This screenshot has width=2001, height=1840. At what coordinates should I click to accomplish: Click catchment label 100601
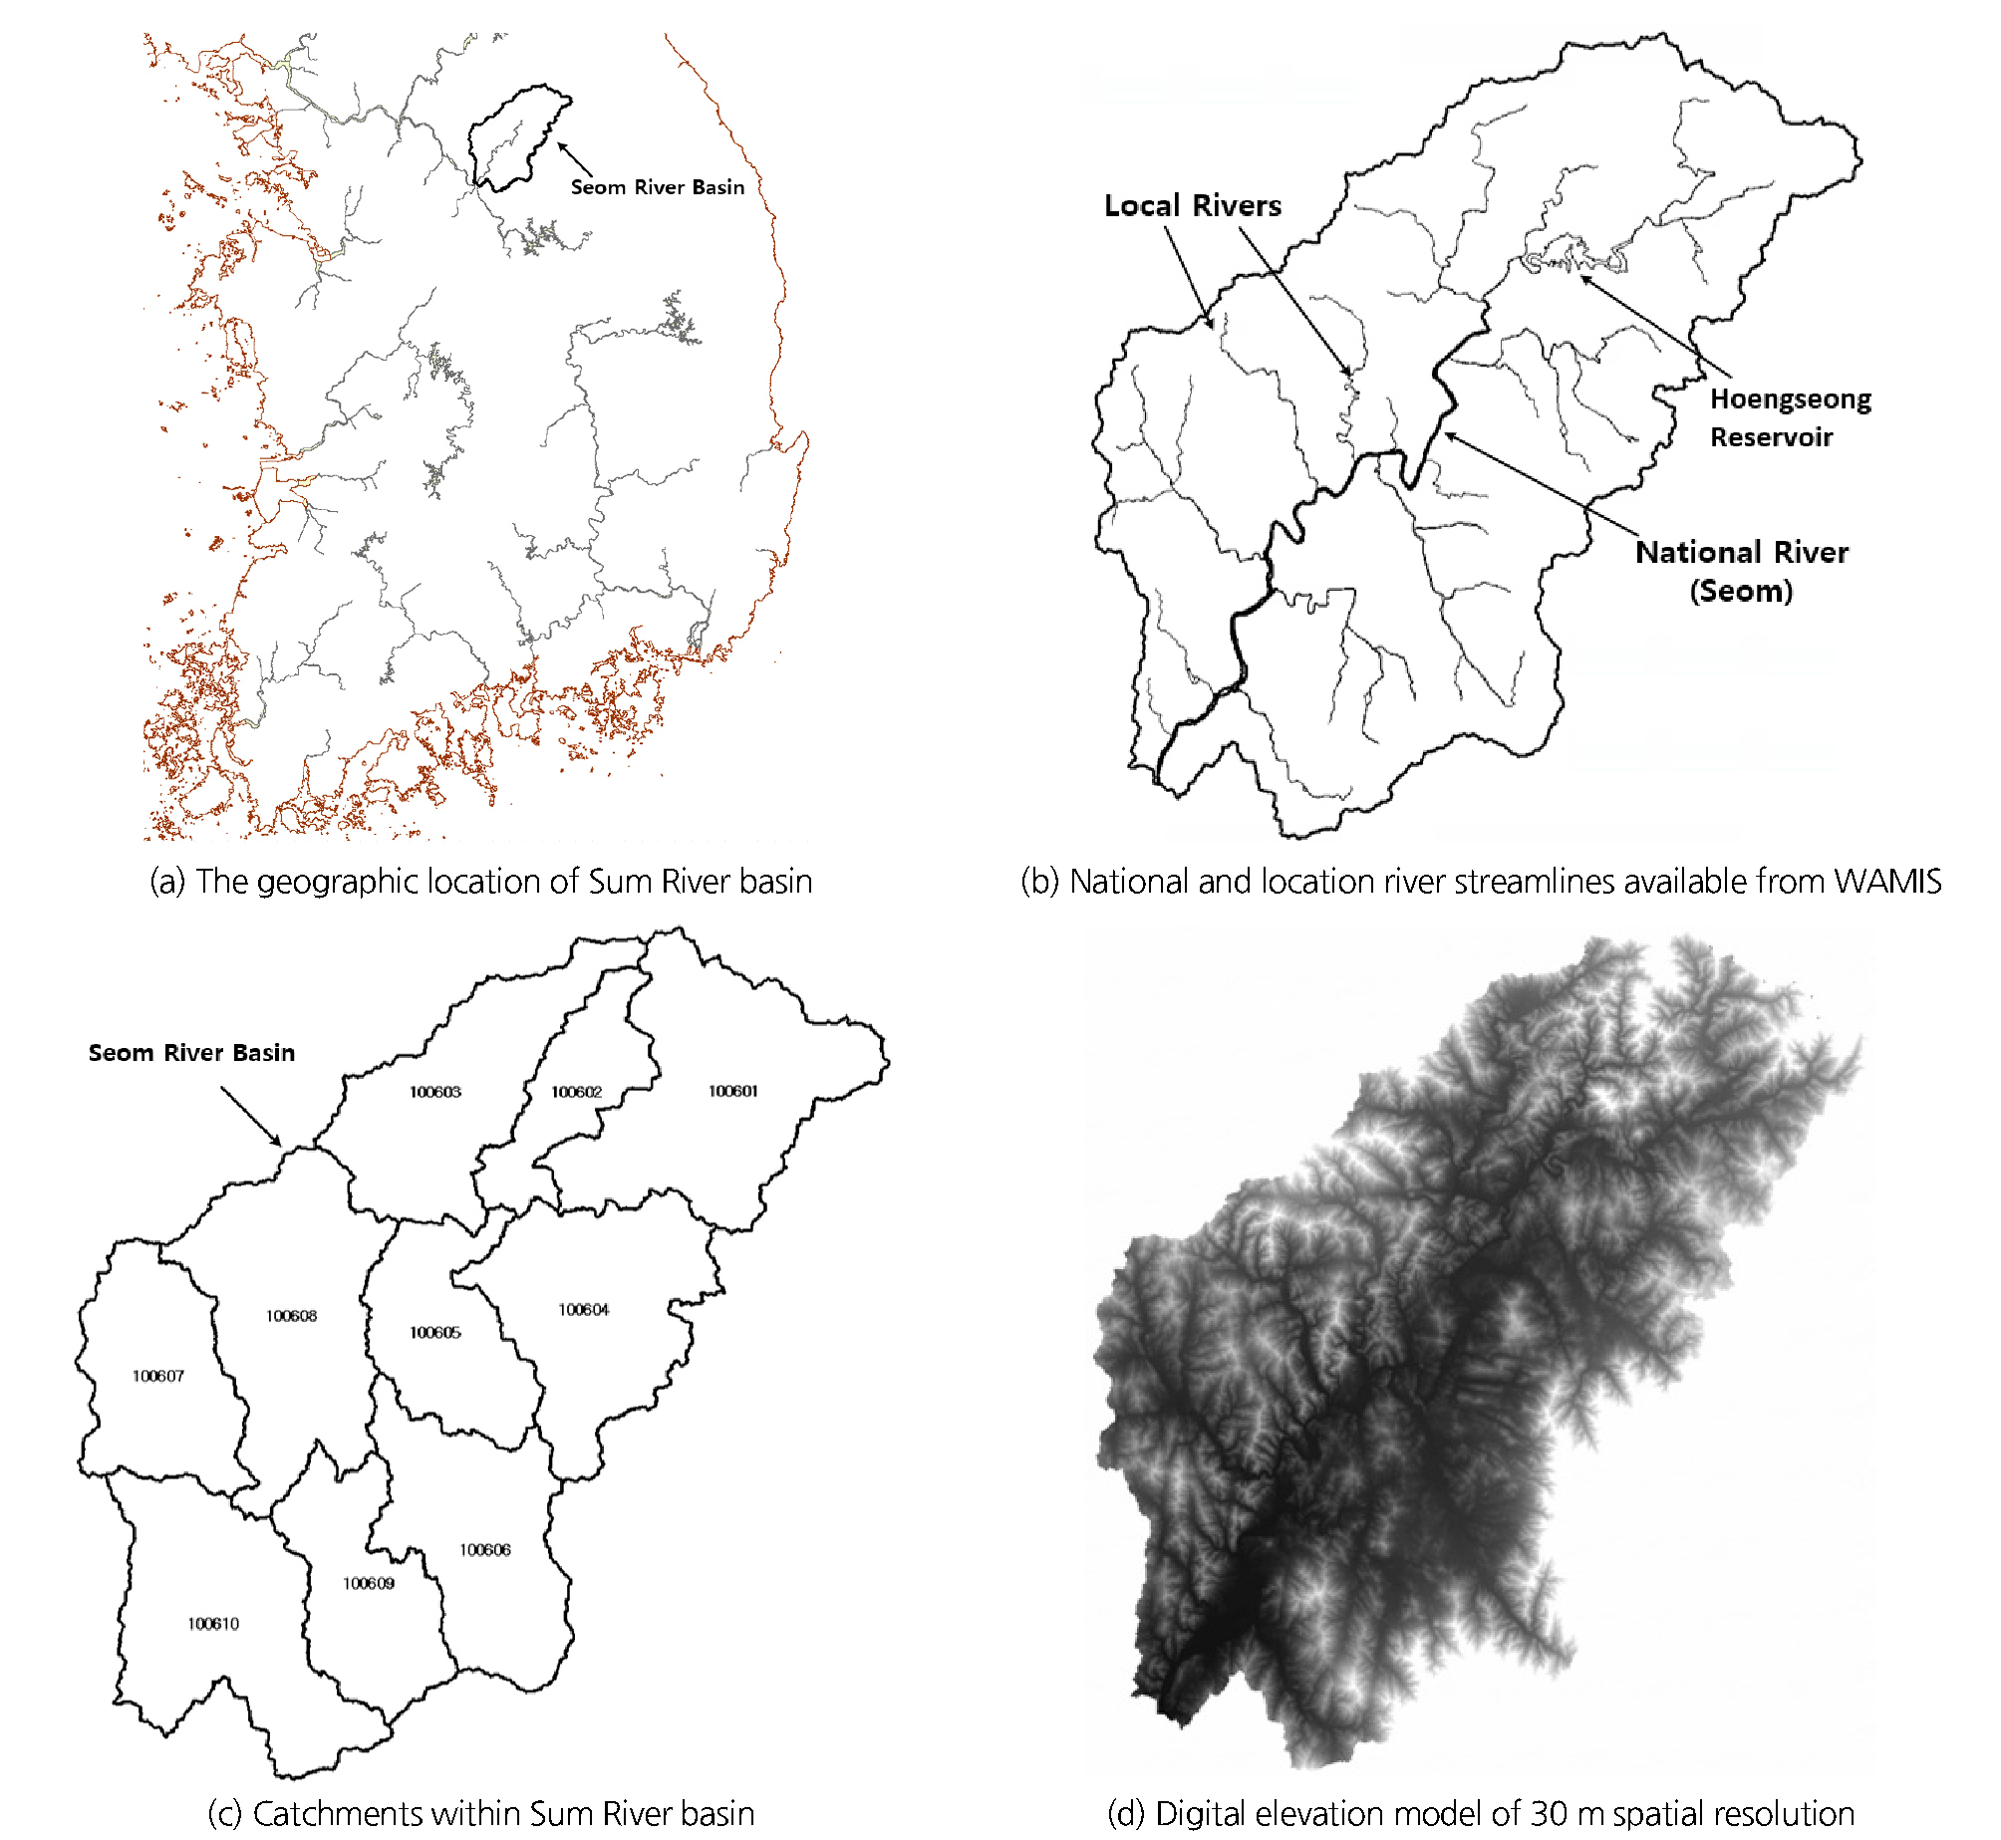click(x=732, y=1091)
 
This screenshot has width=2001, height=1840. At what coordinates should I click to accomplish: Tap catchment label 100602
click(x=576, y=1092)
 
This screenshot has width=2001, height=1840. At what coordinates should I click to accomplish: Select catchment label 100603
click(x=435, y=1092)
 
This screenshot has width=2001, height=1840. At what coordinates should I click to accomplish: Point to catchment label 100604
click(x=583, y=1309)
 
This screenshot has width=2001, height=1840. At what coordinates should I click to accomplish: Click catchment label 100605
click(x=435, y=1332)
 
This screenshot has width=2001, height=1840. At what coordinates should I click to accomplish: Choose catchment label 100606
click(x=485, y=1549)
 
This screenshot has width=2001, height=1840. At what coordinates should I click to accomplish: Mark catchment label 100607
click(x=158, y=1376)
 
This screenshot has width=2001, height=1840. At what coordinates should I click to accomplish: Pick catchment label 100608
click(x=291, y=1316)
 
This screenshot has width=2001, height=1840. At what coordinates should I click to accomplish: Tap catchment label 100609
click(x=369, y=1583)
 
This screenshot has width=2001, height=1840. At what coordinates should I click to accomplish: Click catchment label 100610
click(x=213, y=1623)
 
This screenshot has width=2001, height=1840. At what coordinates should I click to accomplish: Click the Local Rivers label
click(x=1192, y=205)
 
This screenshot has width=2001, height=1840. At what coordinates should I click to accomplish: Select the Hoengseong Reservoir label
click(x=1790, y=417)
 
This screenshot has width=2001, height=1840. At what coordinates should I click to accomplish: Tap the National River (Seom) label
click(x=1741, y=571)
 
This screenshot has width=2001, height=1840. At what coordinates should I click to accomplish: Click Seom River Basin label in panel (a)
click(x=657, y=187)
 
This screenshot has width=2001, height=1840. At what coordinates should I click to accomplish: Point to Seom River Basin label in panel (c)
click(x=191, y=1053)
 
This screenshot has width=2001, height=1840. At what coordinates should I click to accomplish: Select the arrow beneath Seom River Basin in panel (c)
click(x=250, y=1116)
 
